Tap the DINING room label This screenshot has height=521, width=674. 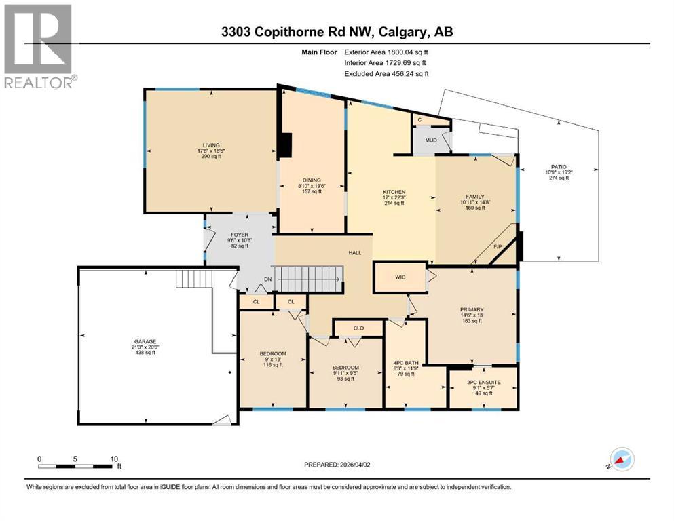pyautogui.click(x=312, y=180)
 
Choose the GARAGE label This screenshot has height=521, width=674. pyautogui.click(x=145, y=341)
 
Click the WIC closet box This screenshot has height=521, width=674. pyautogui.click(x=400, y=277)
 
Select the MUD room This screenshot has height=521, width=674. pyautogui.click(x=431, y=141)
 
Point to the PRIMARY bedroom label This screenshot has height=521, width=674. pyautogui.click(x=471, y=310)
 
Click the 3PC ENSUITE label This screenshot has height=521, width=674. pyautogui.click(x=484, y=383)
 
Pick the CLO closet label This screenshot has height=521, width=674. pyautogui.click(x=358, y=328)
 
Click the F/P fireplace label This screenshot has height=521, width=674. pyautogui.click(x=497, y=247)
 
